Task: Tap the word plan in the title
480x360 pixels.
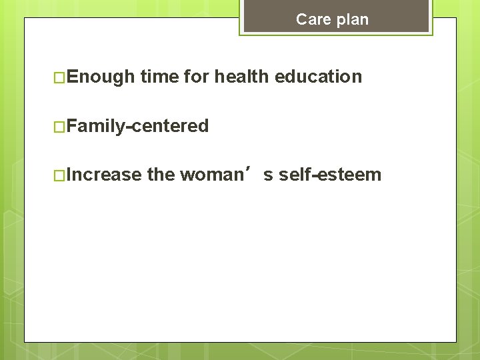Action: [x=352, y=19]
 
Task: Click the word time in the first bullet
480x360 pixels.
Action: [x=159, y=77]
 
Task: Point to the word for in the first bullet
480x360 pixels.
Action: [x=196, y=77]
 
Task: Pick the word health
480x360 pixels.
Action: [x=242, y=77]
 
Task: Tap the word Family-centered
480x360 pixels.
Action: [x=137, y=126]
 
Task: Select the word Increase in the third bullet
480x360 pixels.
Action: [x=104, y=175]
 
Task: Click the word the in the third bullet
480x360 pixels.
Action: [x=161, y=175]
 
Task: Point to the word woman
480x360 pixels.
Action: [x=211, y=175]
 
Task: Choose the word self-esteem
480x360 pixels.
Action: [x=330, y=175]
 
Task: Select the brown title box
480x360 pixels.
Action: [x=336, y=17]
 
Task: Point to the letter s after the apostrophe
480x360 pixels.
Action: [x=268, y=176]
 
